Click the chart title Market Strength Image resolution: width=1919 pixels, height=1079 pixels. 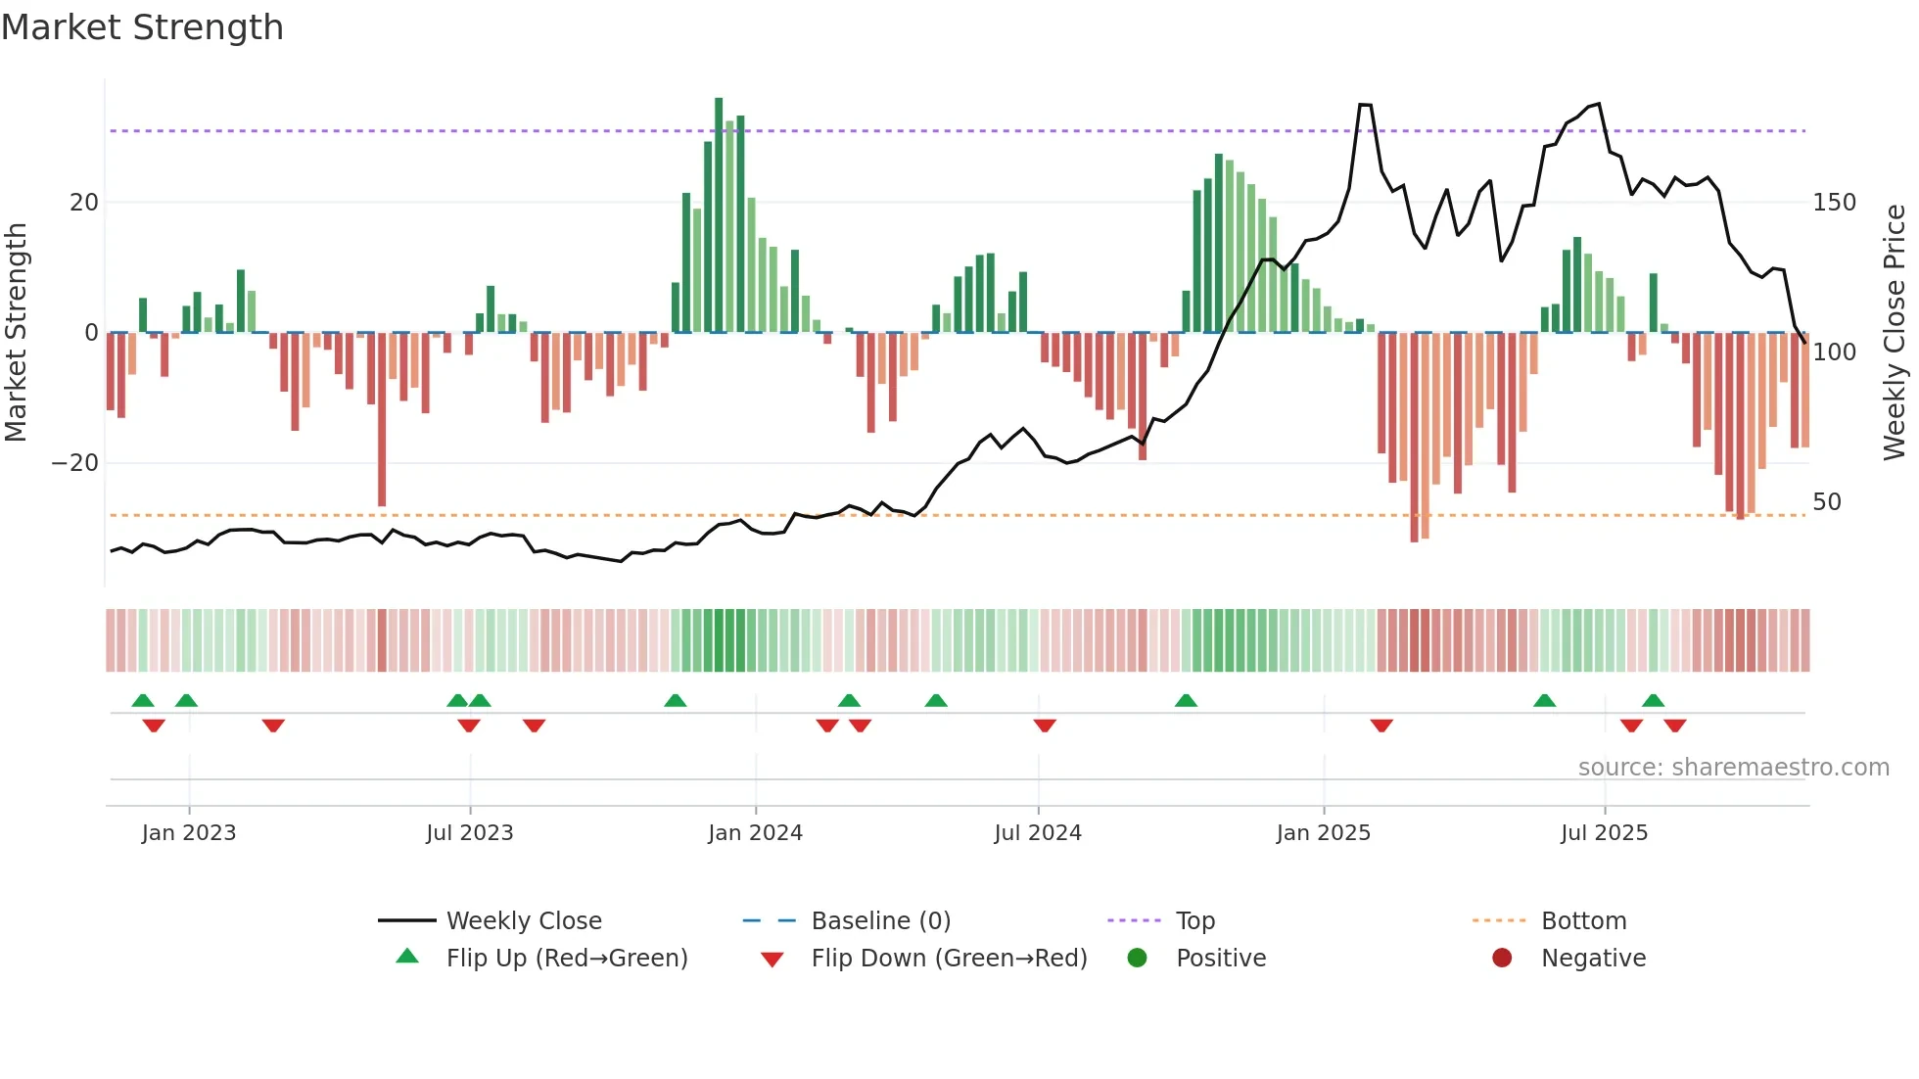(142, 27)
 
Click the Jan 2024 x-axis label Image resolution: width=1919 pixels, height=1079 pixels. (755, 833)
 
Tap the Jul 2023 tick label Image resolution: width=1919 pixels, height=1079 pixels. (469, 833)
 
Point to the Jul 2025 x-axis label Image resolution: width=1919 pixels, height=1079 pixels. (1604, 833)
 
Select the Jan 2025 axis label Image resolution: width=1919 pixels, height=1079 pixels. (1323, 833)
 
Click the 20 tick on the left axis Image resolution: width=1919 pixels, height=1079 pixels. (84, 203)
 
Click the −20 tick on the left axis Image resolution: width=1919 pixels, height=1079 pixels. (75, 463)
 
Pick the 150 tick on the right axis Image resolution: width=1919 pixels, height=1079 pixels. (1834, 203)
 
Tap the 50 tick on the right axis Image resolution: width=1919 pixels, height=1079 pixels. (1827, 502)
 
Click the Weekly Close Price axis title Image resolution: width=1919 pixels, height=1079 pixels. (1895, 333)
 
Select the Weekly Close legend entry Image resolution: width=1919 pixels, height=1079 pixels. (523, 921)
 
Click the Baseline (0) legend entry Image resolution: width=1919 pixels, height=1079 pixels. (880, 921)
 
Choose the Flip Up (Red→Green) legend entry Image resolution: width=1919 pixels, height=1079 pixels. (566, 959)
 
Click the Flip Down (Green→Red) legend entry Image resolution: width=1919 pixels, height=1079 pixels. (948, 959)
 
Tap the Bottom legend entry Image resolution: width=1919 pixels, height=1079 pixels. (1582, 921)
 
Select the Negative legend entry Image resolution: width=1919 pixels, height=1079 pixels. (1592, 959)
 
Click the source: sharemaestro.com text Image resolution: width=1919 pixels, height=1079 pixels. (1733, 768)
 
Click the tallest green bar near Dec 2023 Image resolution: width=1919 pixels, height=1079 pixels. (719, 215)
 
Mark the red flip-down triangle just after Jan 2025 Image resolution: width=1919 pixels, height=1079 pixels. (1381, 726)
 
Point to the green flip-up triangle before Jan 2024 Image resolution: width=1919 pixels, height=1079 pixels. (675, 700)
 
